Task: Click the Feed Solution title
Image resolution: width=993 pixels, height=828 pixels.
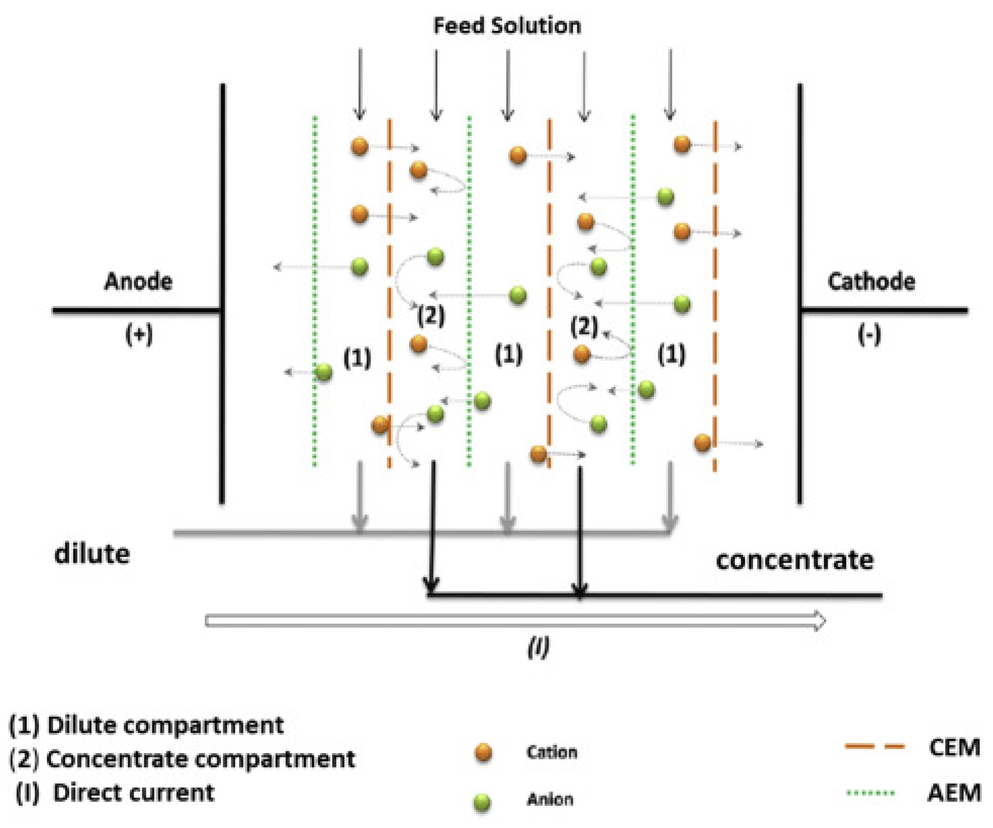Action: click(x=507, y=26)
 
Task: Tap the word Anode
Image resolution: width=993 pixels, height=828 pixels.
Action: click(x=138, y=282)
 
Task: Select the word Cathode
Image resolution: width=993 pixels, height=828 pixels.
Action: click(x=871, y=282)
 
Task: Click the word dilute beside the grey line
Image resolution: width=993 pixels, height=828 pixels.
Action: click(x=92, y=554)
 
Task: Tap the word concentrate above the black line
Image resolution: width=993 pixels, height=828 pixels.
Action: click(x=794, y=560)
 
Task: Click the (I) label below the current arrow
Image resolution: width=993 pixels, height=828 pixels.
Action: click(x=538, y=647)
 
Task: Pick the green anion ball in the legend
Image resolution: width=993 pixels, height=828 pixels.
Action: click(x=482, y=802)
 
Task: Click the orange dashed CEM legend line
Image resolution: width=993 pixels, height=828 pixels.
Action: click(x=874, y=747)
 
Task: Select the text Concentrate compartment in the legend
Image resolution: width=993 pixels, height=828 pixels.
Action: click(x=201, y=760)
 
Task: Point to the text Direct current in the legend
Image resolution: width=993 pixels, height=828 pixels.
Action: click(x=134, y=792)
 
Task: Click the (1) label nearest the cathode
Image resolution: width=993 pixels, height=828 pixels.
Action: click(x=671, y=354)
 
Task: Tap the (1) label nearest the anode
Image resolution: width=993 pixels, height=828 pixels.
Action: click(x=357, y=359)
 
